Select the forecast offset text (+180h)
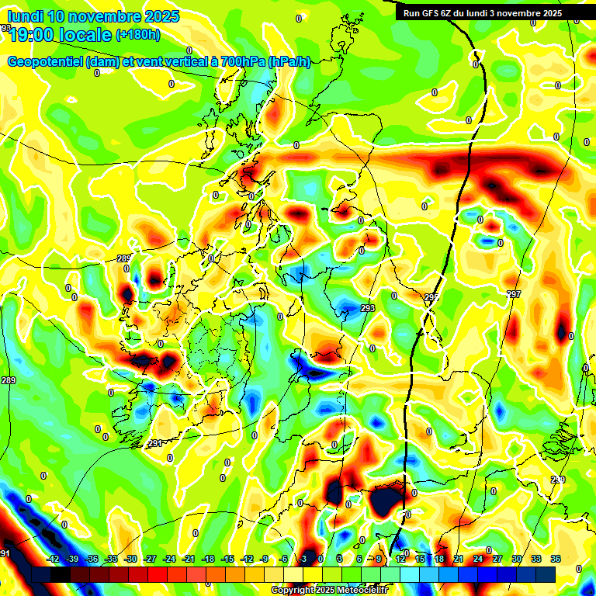tap(137, 34)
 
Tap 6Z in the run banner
tap(456, 13)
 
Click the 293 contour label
tap(368, 309)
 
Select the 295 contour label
tap(431, 297)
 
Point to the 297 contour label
tap(514, 294)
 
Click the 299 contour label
tap(557, 480)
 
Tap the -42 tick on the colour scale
tap(53, 559)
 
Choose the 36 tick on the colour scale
tap(555, 559)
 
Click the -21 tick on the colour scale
tap(189, 559)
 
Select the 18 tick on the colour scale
tap(438, 559)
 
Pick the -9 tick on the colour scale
tap(264, 559)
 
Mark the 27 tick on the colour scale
tap(497, 559)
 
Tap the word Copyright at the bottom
tap(292, 590)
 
